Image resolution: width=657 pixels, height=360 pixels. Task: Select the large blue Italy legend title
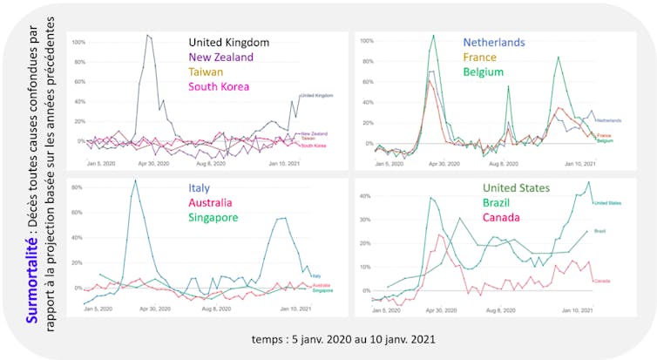coord(199,187)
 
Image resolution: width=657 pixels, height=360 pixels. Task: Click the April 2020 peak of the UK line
coord(148,36)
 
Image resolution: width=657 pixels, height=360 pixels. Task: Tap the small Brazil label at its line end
coord(600,231)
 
